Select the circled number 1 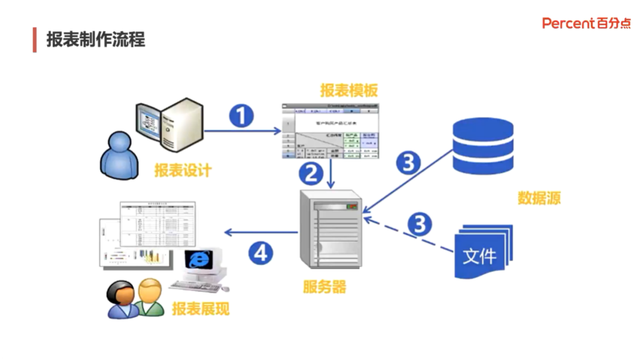(x=242, y=116)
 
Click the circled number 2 (x=310, y=173)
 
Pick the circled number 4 (x=261, y=252)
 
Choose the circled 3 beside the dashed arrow (x=419, y=224)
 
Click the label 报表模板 (x=349, y=91)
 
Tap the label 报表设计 (x=183, y=171)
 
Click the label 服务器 (x=324, y=287)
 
